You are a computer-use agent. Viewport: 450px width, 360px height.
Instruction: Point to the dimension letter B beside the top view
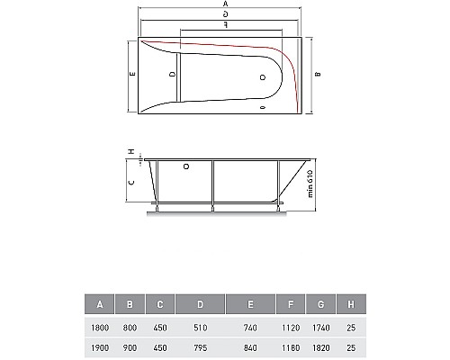tap(318, 75)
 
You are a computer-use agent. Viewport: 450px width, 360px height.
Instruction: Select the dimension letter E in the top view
tap(131, 75)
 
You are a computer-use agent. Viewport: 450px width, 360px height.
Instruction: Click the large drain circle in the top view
tap(263, 77)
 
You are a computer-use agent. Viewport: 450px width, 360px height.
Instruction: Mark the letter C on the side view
tap(131, 183)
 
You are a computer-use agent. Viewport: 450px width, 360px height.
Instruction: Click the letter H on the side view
tap(131, 152)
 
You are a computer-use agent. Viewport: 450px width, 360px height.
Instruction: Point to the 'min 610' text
tap(309, 183)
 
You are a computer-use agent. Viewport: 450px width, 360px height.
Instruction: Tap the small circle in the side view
tap(186, 166)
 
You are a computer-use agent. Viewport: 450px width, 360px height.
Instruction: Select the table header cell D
tap(200, 304)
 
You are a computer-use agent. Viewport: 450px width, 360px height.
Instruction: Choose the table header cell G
tap(320, 304)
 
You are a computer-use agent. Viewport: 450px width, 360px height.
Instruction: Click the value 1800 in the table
tap(100, 326)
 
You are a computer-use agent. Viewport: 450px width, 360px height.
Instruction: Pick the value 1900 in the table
tap(100, 346)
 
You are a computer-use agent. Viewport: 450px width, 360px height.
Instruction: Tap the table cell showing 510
tap(200, 326)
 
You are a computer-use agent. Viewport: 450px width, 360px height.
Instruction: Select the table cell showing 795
tap(200, 346)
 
